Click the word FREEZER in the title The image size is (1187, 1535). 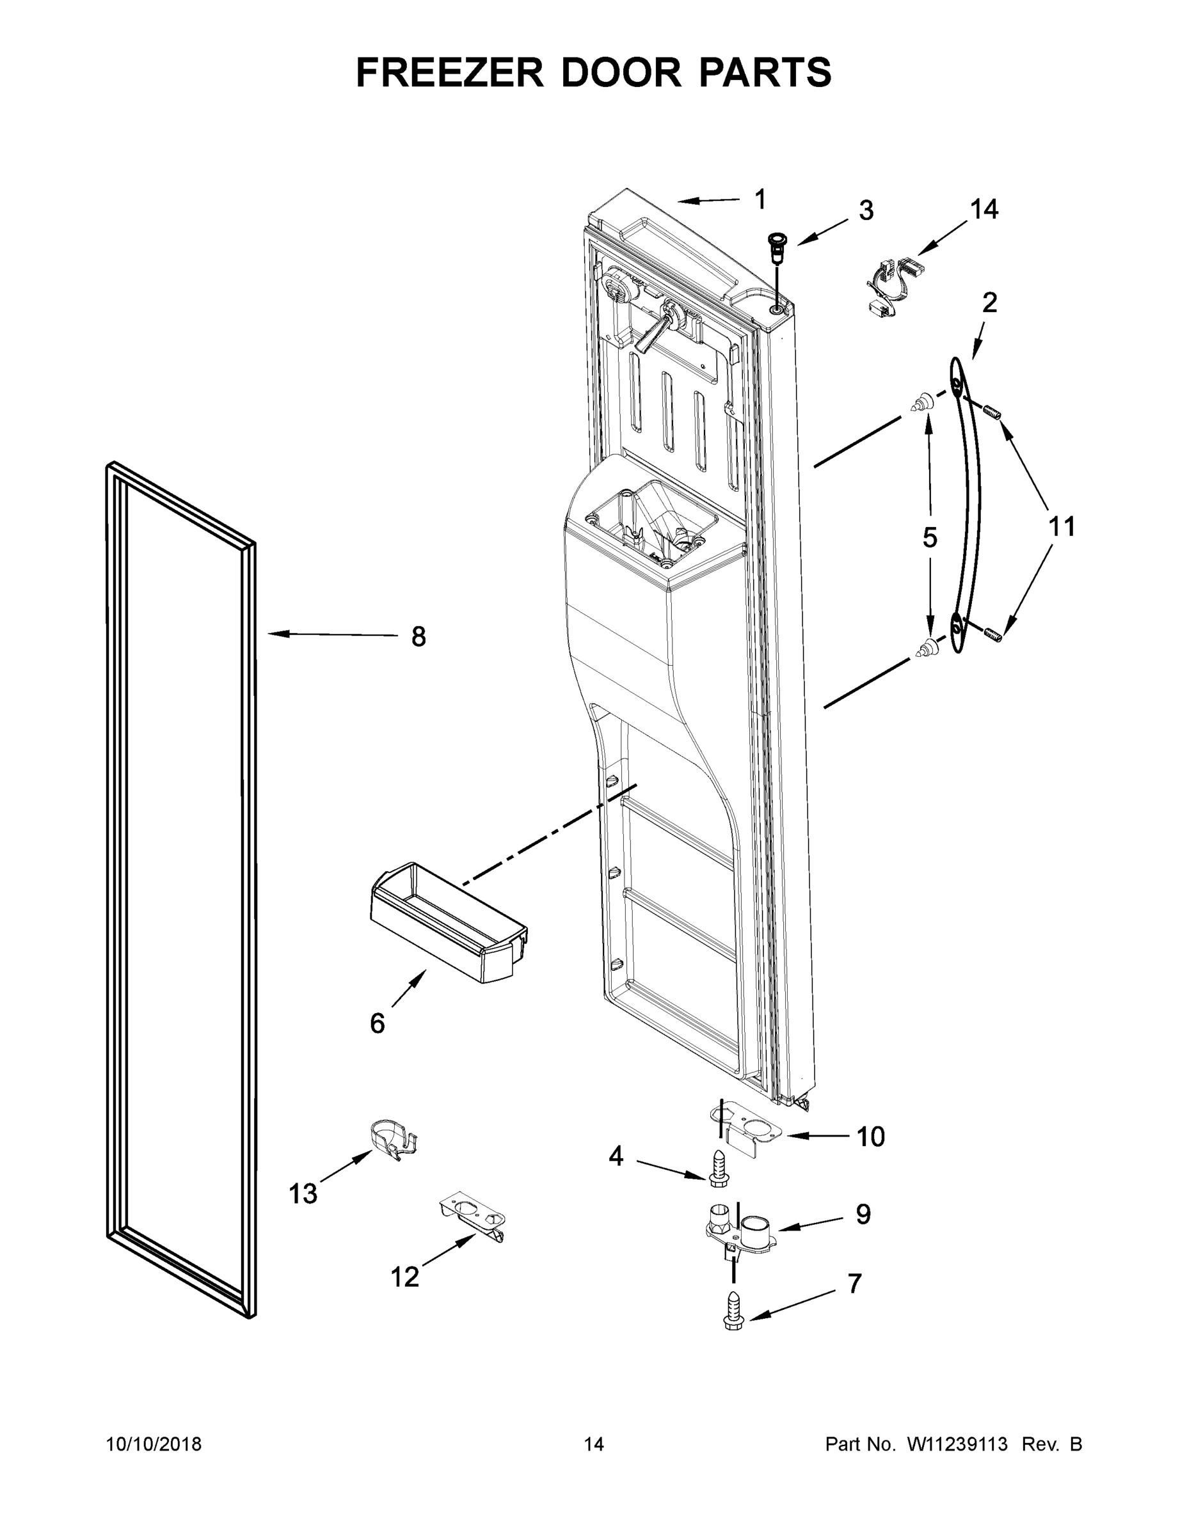coord(449,72)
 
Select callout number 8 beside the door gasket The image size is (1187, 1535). coord(418,638)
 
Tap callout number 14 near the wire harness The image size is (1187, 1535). coord(984,209)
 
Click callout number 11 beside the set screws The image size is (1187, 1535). coord(1061,526)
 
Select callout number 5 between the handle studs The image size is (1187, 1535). coord(930,538)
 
